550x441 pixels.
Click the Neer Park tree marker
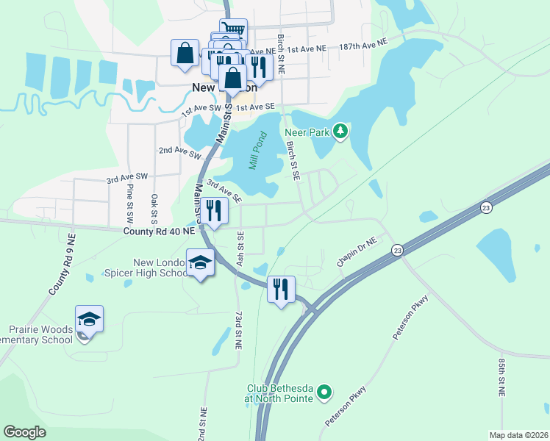[340, 132]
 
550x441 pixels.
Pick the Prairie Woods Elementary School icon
[89, 320]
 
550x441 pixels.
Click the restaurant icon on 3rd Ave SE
[214, 212]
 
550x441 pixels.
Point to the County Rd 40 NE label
[159, 231]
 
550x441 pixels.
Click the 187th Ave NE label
[363, 46]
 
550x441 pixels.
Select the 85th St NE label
[501, 378]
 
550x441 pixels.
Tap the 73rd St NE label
[239, 329]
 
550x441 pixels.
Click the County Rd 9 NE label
[63, 265]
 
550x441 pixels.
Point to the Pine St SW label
[129, 204]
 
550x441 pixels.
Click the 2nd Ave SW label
[179, 152]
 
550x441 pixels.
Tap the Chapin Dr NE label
[357, 252]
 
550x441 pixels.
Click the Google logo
[24, 432]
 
